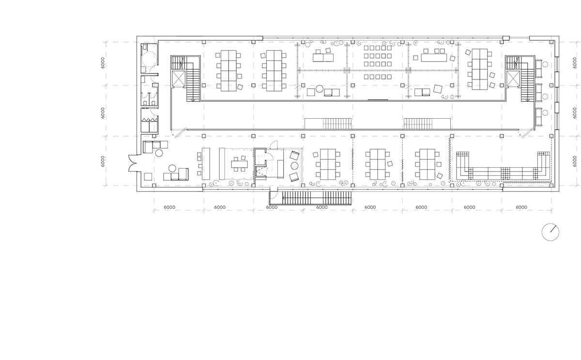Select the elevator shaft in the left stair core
click(179, 78)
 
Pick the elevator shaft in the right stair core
click(513, 78)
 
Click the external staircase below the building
click(310, 198)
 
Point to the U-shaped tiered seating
click(503, 166)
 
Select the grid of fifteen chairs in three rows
click(378, 56)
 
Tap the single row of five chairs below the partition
click(378, 77)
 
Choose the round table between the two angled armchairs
click(294, 166)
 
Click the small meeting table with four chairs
click(239, 164)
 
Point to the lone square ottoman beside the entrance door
click(148, 177)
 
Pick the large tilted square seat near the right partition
click(438, 89)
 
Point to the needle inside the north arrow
click(553, 229)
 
